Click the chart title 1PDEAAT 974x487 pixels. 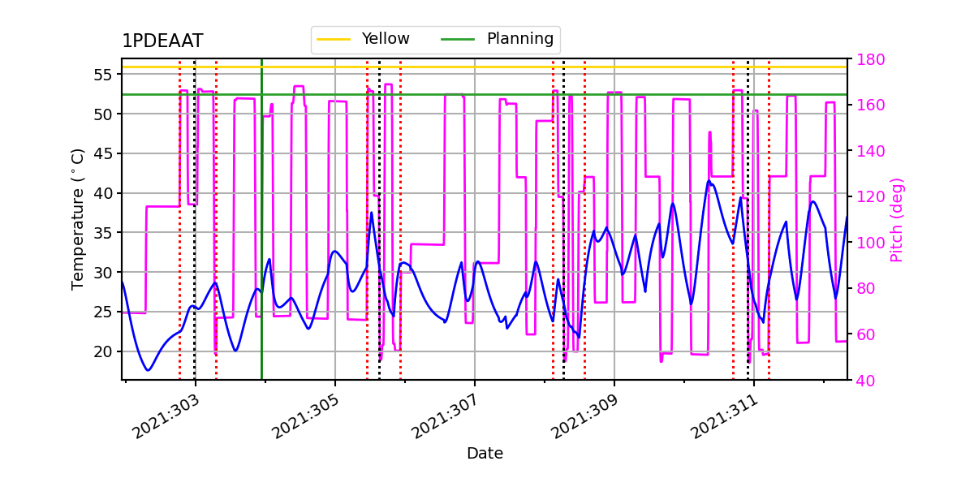tap(162, 41)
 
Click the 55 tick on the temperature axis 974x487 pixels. tap(104, 75)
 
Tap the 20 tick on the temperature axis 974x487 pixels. tap(104, 351)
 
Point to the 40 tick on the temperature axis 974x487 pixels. tap(104, 193)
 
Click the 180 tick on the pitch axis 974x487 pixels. tap(866, 59)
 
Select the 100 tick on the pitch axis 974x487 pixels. tap(866, 243)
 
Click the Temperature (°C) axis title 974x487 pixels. tap(78, 218)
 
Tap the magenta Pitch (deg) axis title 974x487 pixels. tap(897, 219)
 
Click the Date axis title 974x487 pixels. tap(485, 454)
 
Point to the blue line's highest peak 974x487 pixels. tap(709, 181)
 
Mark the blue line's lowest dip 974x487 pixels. tap(148, 370)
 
